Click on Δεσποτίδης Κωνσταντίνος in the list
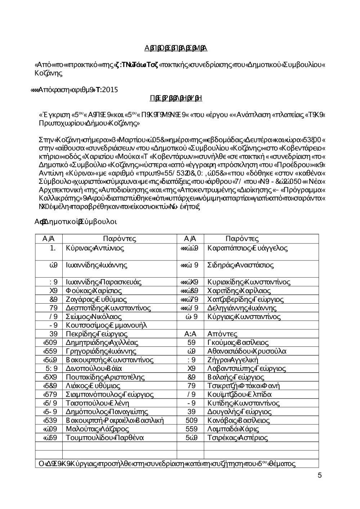(108, 308)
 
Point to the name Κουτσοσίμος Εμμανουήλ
(107, 325)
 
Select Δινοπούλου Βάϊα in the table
(94, 368)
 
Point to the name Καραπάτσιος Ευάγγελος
(248, 248)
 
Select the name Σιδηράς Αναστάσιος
(241, 265)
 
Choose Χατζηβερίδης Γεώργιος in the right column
(246, 299)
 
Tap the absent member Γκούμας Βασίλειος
(238, 342)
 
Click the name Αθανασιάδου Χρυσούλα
(247, 351)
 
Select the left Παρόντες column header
(120, 239)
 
